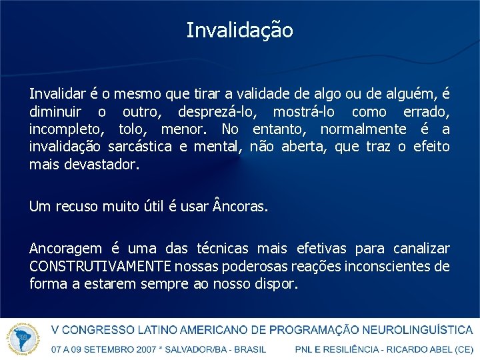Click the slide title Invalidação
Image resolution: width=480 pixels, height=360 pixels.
(x=239, y=31)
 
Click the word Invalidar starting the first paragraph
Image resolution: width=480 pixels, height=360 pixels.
(x=55, y=95)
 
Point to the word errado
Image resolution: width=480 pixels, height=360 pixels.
(x=426, y=112)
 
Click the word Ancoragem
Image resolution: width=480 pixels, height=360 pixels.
(x=65, y=249)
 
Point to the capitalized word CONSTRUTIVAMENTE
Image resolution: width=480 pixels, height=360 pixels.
(x=100, y=267)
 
